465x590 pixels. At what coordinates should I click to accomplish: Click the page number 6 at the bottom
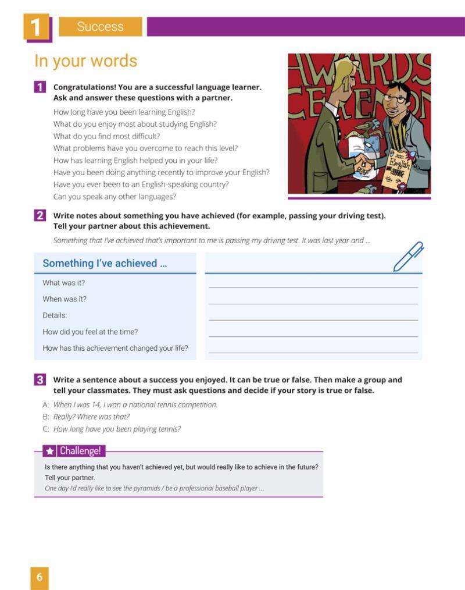pos(39,577)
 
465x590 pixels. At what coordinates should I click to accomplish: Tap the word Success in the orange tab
pos(100,27)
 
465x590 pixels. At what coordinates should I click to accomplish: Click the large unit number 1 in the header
pos(37,27)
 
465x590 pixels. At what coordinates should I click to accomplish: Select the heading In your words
pos(85,61)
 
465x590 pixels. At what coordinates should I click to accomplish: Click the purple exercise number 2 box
pos(40,215)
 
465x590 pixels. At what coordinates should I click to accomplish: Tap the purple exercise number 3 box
pos(40,380)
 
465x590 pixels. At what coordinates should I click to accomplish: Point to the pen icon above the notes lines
pos(408,257)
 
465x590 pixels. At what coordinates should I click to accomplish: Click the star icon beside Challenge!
pos(50,451)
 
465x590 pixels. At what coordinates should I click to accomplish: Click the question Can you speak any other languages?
pos(115,197)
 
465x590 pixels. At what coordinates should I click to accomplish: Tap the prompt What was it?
pos(63,283)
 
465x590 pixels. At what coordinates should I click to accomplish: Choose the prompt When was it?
pos(64,299)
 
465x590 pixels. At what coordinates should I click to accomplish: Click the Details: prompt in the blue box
pos(55,315)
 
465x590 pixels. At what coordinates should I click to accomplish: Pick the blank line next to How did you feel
pos(313,336)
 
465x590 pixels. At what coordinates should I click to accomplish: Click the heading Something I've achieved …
pos(105,264)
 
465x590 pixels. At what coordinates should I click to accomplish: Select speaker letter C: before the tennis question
pos(46,429)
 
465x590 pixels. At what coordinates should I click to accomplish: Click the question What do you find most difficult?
pos(106,136)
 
